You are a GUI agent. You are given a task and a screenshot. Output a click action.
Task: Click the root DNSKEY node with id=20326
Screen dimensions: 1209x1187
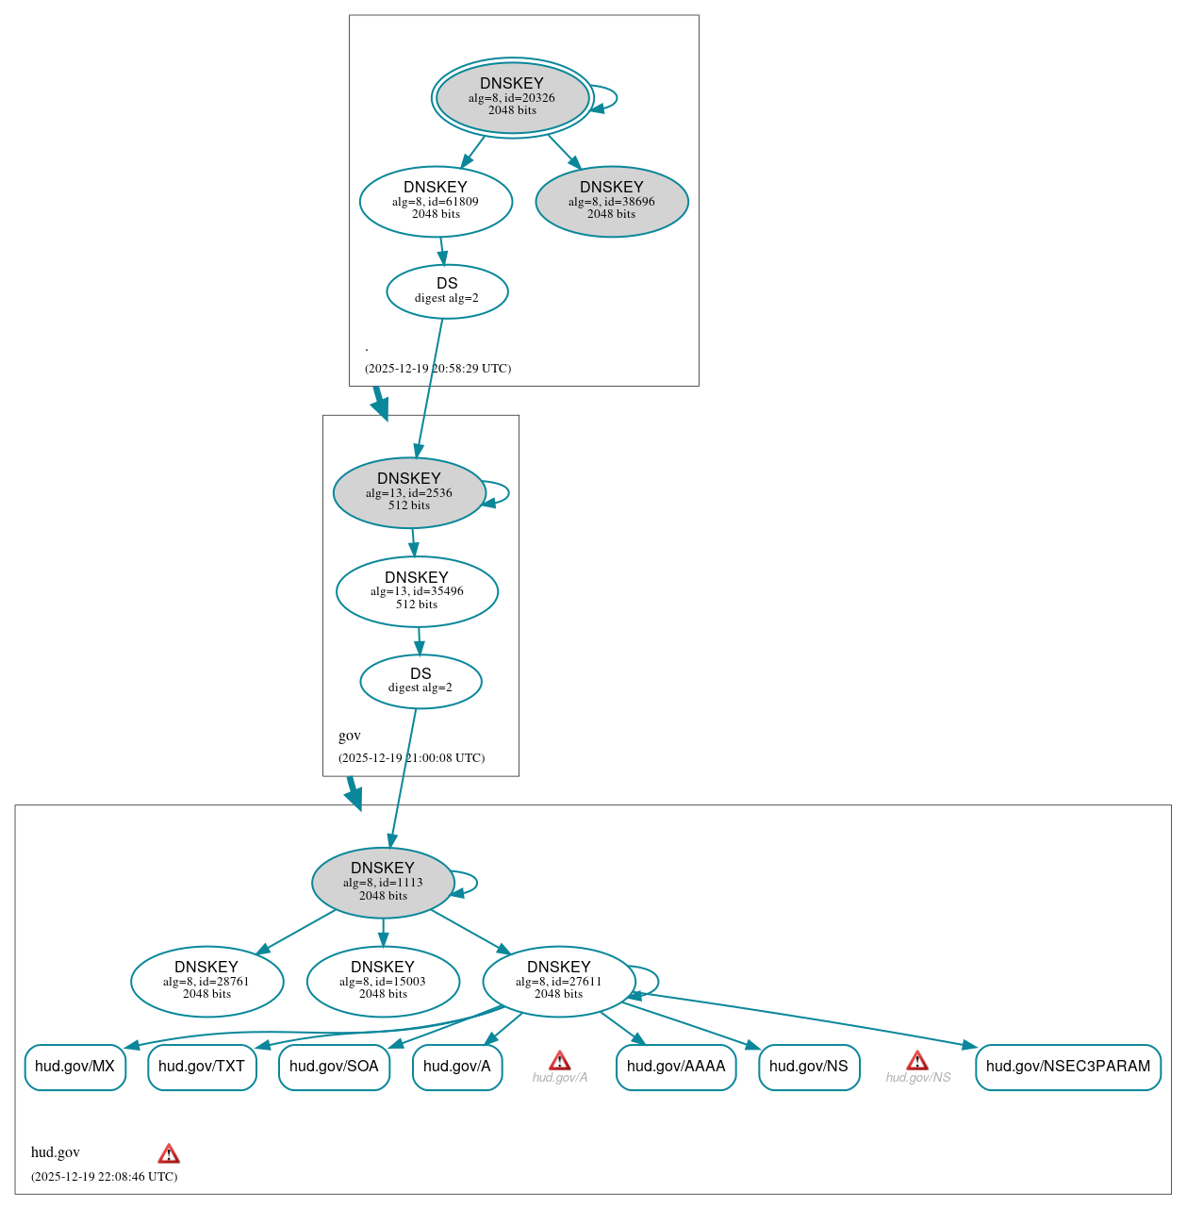[512, 97]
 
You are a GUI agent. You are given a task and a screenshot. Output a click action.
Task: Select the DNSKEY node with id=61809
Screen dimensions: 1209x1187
[436, 201]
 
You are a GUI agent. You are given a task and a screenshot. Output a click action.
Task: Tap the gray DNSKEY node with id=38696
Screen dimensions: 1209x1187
[612, 201]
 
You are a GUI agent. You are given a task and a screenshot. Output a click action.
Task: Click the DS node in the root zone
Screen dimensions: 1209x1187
[447, 291]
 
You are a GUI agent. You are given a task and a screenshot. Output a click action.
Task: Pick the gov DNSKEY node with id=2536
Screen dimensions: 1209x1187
[409, 492]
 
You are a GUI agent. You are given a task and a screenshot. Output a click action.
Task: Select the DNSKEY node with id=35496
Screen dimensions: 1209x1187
[417, 591]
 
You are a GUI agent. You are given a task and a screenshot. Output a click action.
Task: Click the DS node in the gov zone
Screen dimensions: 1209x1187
[420, 681]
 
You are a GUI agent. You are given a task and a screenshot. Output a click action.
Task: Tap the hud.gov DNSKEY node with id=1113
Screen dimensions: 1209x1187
[383, 883]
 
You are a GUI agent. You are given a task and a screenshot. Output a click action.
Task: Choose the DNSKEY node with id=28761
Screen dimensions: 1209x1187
[206, 981]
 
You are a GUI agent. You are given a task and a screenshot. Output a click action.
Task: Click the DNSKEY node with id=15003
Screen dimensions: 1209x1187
[383, 981]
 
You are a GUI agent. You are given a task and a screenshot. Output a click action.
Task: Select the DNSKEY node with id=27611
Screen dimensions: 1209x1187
[559, 981]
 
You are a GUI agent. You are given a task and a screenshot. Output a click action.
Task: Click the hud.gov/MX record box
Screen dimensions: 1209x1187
[74, 1067]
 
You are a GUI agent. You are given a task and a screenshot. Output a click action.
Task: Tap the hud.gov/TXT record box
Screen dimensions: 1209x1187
[202, 1067]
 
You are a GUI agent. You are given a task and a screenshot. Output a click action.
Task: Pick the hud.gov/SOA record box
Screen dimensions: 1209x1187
[334, 1067]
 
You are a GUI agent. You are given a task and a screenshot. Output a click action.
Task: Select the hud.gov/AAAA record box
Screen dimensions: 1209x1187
[676, 1067]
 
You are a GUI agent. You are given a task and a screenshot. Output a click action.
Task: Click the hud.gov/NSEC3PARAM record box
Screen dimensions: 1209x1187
[1068, 1067]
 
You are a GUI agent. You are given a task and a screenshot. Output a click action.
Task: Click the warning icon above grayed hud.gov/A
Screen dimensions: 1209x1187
[560, 1061]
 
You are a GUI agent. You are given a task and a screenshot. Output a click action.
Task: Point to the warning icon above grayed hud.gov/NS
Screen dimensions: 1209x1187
[917, 1061]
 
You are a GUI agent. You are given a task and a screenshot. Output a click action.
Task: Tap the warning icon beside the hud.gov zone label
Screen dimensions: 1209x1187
[169, 1153]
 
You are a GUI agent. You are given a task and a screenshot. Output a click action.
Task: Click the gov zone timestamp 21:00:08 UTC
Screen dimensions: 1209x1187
[412, 757]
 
